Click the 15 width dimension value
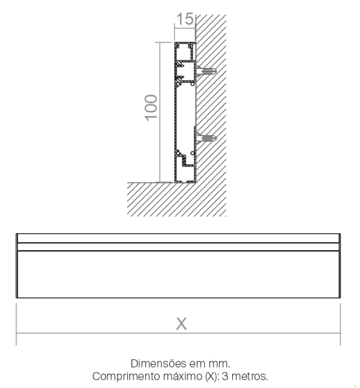185,19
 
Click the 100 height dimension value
151,107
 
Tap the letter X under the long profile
181,324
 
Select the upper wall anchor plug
206,71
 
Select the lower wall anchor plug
206,137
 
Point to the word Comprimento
126,377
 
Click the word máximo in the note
183,376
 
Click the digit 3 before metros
225,377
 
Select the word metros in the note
250,377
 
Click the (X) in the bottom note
212,377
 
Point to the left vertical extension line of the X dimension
16,324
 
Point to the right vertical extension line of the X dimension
340,324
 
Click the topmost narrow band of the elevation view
178,238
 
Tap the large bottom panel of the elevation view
178,274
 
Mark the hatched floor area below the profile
161,199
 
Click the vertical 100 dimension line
160,112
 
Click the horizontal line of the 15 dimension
185,28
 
